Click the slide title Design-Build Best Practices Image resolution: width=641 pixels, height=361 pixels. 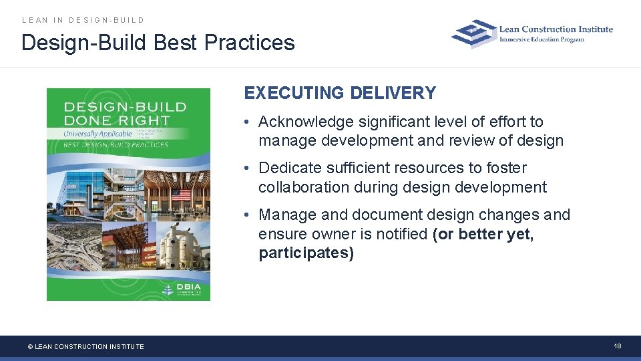point(158,43)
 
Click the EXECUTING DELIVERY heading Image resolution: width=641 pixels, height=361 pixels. point(340,93)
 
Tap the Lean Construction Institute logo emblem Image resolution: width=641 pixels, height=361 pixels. point(474,33)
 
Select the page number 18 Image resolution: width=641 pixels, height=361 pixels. point(618,346)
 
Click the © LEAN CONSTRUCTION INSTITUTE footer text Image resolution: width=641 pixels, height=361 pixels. point(85,346)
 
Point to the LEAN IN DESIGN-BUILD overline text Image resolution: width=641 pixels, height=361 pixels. point(83,20)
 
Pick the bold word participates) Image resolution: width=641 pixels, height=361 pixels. point(306,253)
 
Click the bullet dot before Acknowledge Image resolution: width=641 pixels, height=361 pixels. point(247,122)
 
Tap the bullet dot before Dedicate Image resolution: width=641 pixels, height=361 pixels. point(247,168)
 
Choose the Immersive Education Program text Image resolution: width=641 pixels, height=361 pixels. point(542,39)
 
